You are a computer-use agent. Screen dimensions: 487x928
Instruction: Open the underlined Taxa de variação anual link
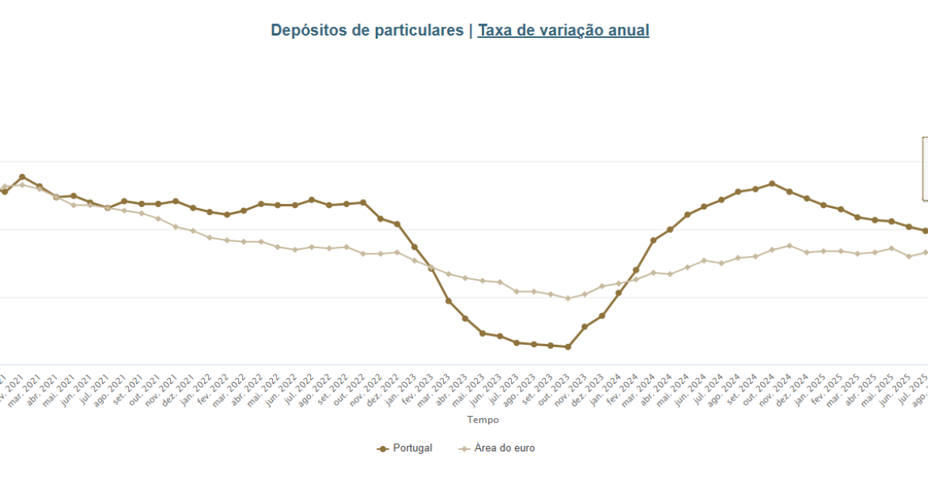click(563, 31)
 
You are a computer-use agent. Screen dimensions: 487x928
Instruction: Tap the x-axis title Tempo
click(483, 420)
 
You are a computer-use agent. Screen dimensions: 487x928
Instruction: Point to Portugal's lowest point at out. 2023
click(568, 347)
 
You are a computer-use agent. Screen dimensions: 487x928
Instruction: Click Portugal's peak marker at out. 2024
click(773, 184)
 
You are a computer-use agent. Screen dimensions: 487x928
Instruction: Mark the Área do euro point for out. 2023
click(568, 298)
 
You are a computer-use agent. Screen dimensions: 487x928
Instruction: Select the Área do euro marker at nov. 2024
click(790, 246)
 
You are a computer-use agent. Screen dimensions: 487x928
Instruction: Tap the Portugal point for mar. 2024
click(653, 240)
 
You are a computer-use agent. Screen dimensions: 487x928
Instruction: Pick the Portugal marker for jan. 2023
click(415, 247)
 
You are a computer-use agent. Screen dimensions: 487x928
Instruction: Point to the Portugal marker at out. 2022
click(363, 203)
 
